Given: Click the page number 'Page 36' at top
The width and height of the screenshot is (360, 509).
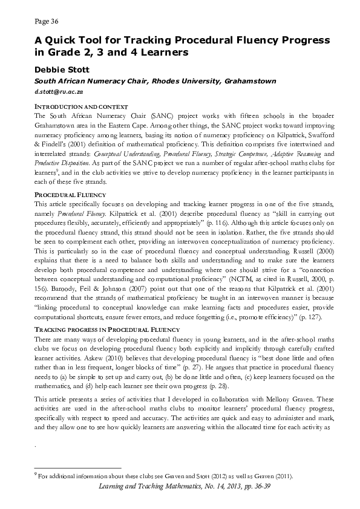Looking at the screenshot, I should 46,22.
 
